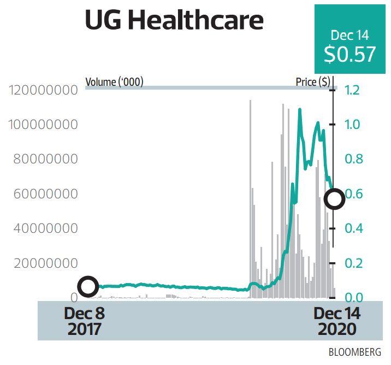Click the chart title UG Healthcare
coord(174,20)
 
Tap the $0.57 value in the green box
coord(349,54)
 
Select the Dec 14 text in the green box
coord(349,36)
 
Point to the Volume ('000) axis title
coord(114,82)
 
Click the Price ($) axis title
coord(312,82)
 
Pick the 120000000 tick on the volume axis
coord(43,90)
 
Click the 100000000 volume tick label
coord(43,125)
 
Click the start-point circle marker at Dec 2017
coord(88,286)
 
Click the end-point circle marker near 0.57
coord(334,199)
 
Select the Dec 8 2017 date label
coord(84,321)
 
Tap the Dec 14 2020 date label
coord(335,321)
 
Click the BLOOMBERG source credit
coord(355,352)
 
